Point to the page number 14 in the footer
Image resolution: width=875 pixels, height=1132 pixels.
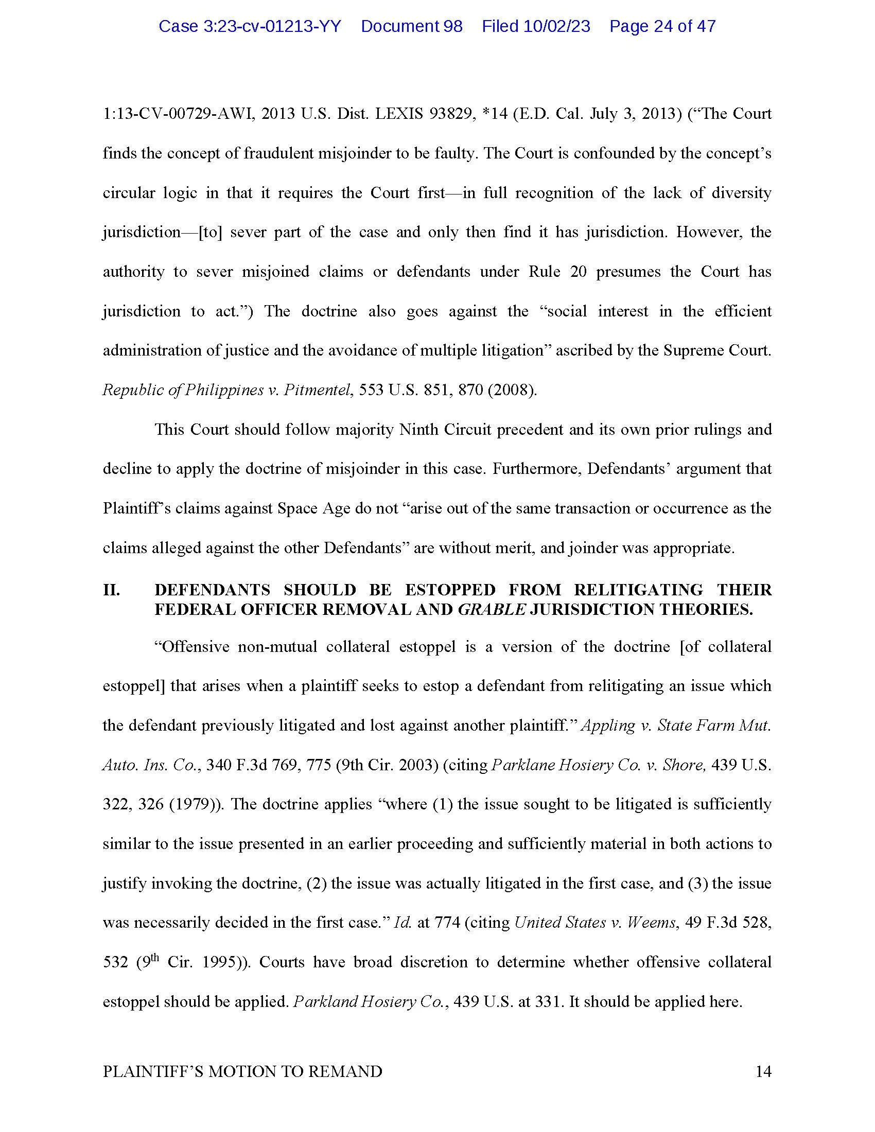tap(763, 1071)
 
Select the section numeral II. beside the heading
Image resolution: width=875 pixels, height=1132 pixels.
tap(112, 590)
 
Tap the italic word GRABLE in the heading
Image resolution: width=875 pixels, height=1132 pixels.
tap(492, 610)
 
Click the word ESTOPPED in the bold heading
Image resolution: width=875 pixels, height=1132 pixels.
tap(450, 590)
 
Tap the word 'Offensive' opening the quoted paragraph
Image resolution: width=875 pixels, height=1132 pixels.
tap(192, 647)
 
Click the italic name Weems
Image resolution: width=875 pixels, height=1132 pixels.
tap(651, 923)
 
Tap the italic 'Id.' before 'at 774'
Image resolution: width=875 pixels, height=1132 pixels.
tap(402, 923)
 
